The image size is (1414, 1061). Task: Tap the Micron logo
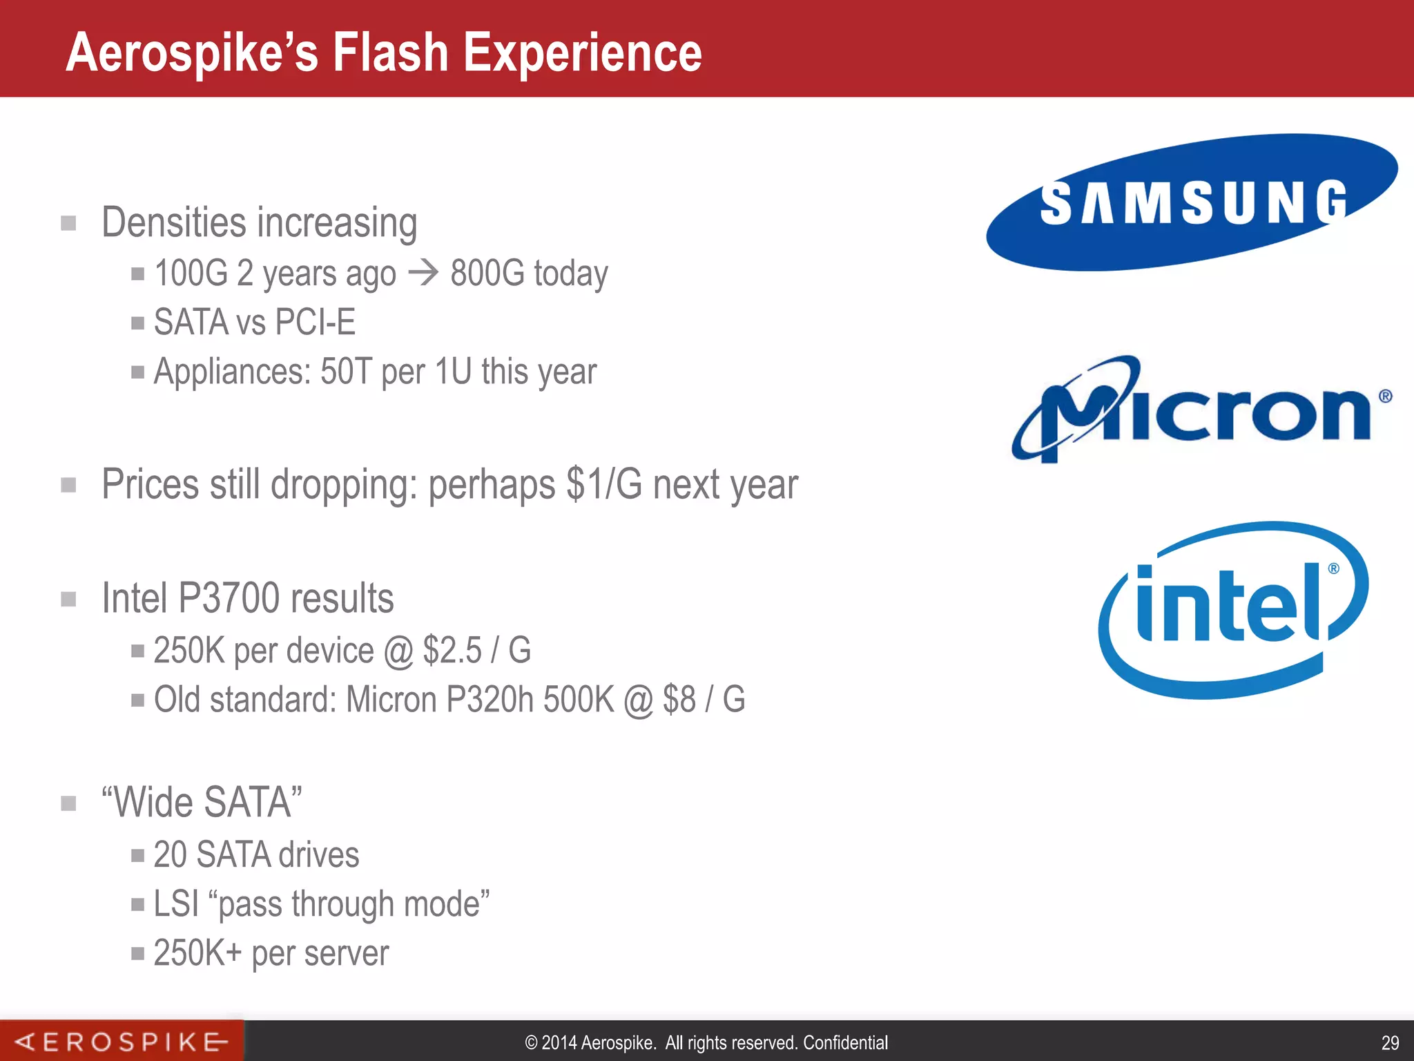[1201, 409]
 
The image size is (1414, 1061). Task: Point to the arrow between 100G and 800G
[423, 273]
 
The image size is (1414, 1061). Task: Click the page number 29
[1390, 1042]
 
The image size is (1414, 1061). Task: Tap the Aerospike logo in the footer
[122, 1041]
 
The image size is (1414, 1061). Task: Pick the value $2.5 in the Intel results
[452, 651]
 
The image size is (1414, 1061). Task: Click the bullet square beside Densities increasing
[68, 223]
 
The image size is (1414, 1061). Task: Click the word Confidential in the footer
[845, 1042]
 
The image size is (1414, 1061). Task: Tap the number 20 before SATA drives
[170, 855]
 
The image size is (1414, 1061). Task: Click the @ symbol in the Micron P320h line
[638, 700]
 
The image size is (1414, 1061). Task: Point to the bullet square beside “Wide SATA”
[68, 803]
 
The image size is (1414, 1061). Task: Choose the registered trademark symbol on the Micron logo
[1385, 396]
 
